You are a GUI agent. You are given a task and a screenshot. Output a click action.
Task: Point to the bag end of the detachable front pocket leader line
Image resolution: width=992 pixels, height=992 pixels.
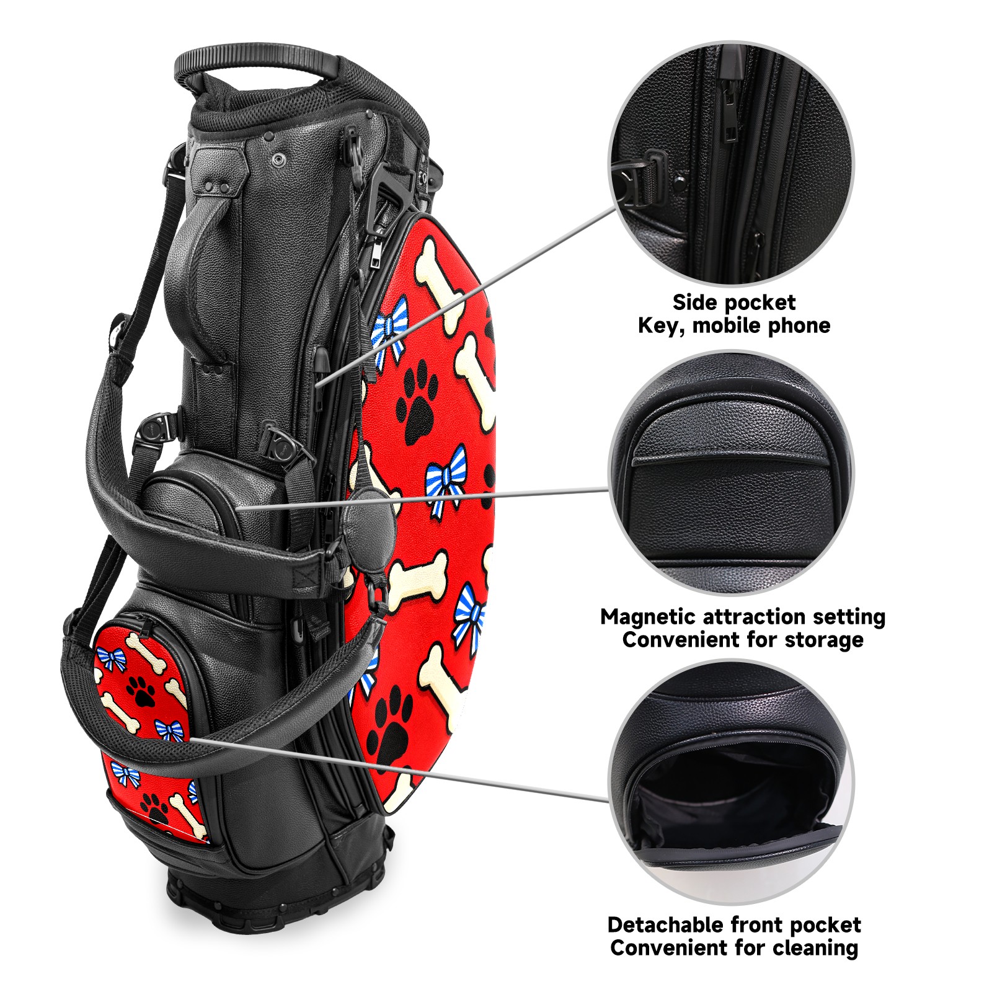click(x=190, y=738)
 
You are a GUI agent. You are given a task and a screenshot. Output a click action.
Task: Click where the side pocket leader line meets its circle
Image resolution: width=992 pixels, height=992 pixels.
click(x=615, y=209)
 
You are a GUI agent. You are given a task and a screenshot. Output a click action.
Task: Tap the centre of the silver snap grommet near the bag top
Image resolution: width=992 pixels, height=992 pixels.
click(x=278, y=160)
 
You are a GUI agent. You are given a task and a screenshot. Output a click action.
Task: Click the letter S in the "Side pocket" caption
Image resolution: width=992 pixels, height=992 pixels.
click(x=680, y=303)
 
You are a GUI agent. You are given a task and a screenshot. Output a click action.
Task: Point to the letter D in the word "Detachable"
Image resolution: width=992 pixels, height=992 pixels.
click(x=616, y=925)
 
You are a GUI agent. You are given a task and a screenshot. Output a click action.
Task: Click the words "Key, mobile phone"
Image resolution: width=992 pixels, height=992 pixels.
click(x=734, y=325)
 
